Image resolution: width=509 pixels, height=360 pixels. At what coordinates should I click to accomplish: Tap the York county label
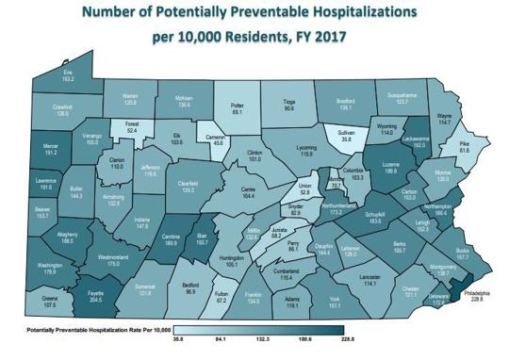pos(334,301)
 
